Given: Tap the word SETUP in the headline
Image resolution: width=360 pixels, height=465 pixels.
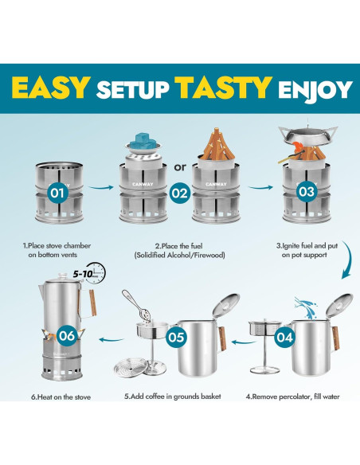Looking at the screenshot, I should coord(135,88).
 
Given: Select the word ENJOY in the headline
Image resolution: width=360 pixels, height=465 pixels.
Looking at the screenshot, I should coord(307,88).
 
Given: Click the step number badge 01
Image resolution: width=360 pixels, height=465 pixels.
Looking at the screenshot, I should coord(57,192).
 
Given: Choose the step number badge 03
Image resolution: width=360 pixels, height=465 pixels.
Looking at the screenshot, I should coord(303,192).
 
